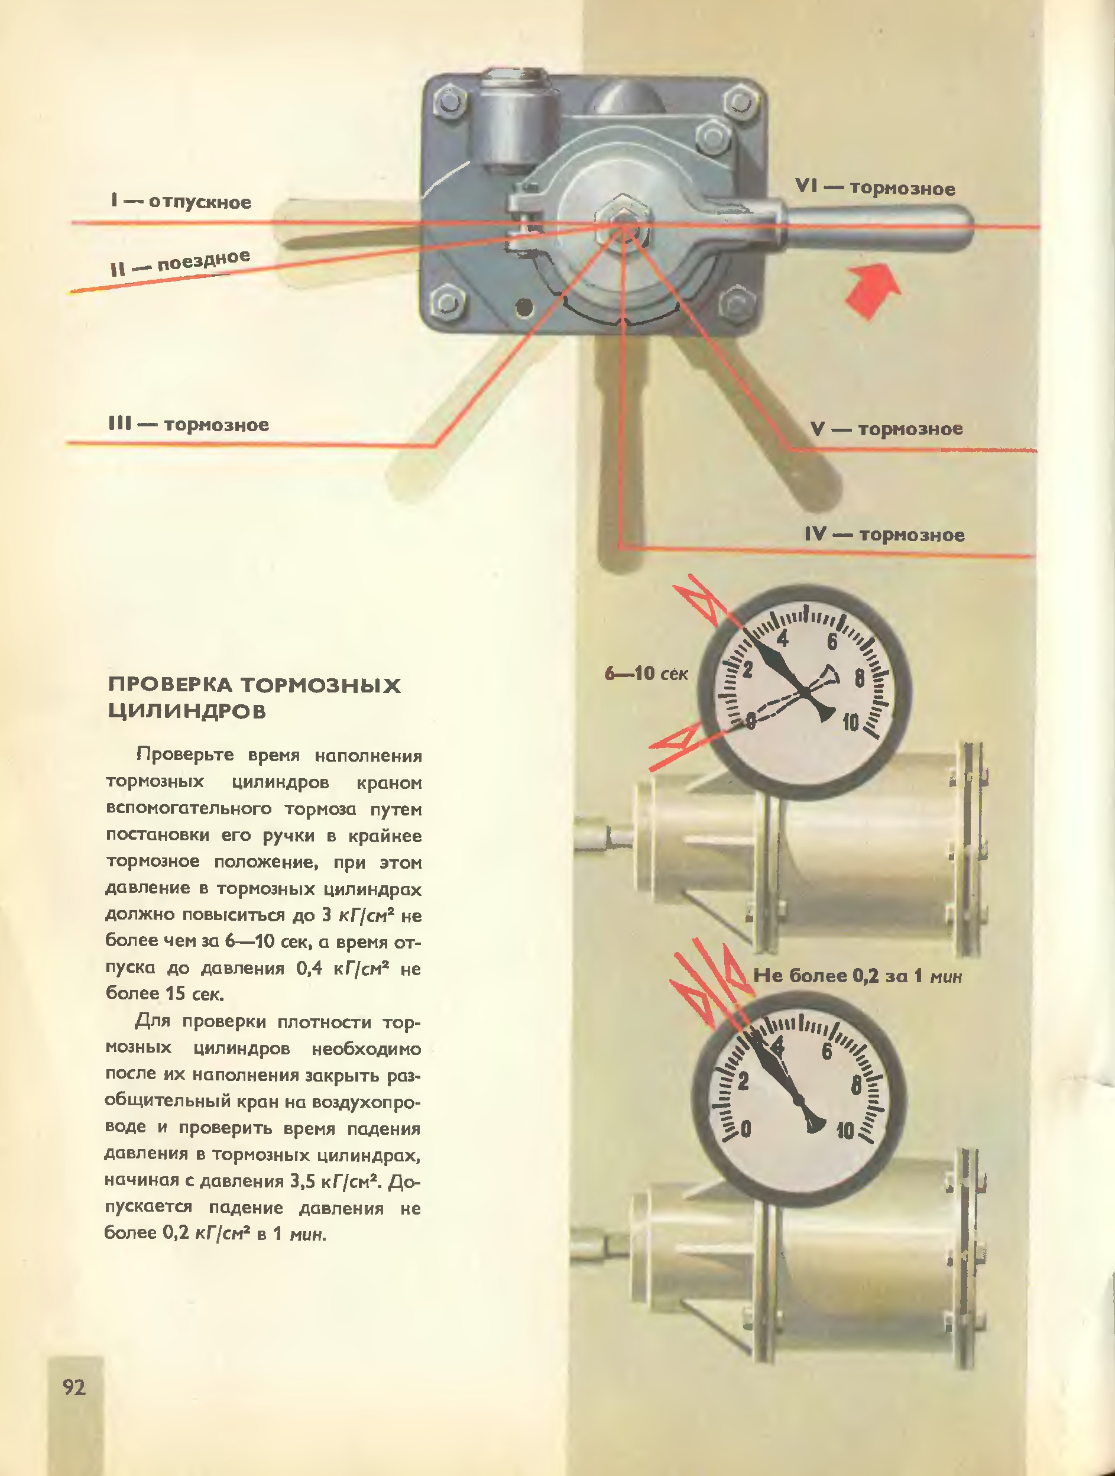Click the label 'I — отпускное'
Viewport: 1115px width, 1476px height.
tap(181, 202)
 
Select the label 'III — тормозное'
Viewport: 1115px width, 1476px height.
tap(188, 425)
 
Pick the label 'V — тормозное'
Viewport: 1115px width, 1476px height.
tap(886, 428)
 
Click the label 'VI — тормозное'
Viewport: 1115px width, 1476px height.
tap(875, 187)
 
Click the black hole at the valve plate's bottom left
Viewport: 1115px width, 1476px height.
tap(525, 307)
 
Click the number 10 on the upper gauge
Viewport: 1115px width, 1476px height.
tap(851, 722)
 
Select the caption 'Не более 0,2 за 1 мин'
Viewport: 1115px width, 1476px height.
tap(857, 976)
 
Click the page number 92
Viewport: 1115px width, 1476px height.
tap(74, 1387)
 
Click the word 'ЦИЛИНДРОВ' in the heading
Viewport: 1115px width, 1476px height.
tap(187, 711)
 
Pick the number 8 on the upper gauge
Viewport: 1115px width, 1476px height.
tap(860, 679)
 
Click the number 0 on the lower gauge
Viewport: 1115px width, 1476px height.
tap(746, 1129)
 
